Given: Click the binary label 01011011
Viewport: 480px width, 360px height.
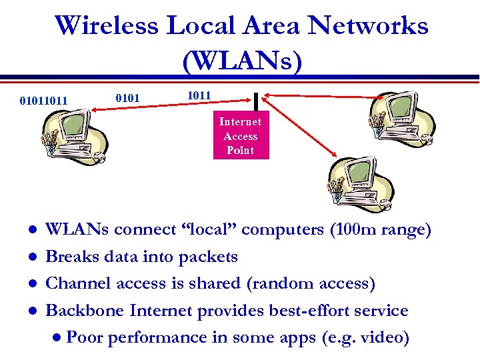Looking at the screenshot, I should (44, 101).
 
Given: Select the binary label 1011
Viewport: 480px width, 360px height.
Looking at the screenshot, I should (199, 95).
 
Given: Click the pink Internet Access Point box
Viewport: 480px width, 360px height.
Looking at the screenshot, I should (240, 136).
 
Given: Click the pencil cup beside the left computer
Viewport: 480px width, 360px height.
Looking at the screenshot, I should (49, 139).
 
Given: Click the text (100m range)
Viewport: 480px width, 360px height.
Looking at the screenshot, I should (381, 230).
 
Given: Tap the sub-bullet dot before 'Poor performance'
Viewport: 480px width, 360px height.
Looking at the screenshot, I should (59, 338).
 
